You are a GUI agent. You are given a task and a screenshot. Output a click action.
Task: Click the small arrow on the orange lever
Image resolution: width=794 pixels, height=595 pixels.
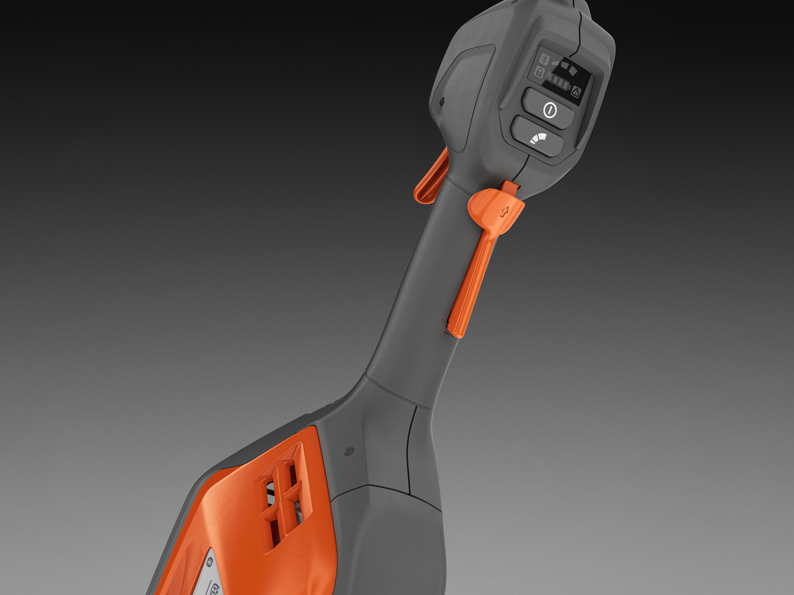[x=505, y=212]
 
